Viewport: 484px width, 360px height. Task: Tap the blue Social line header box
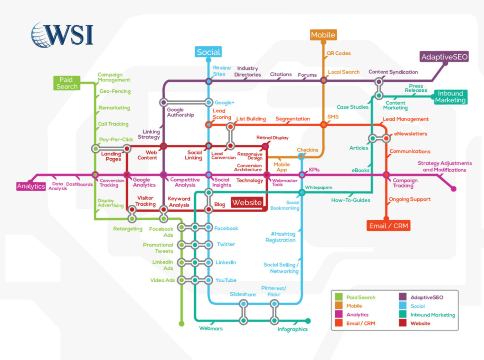(208, 52)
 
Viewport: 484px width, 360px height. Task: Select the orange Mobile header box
(323, 35)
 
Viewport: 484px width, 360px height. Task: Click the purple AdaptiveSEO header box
(444, 57)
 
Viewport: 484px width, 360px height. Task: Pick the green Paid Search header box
(67, 83)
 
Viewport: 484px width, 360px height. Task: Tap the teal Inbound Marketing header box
(450, 97)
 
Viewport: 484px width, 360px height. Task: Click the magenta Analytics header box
(31, 186)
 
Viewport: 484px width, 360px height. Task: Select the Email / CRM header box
(389, 226)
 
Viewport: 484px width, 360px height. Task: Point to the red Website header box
(247, 203)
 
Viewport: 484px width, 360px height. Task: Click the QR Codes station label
(338, 53)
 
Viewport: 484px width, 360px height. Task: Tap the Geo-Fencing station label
(115, 91)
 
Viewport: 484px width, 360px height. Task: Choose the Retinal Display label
(272, 138)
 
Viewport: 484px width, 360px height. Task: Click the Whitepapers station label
(319, 188)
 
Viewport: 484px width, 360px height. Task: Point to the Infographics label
(292, 329)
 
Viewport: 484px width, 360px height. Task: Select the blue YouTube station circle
(209, 280)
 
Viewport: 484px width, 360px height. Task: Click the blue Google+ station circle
(209, 102)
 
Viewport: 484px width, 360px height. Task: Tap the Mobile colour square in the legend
(339, 306)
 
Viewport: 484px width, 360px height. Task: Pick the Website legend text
(420, 324)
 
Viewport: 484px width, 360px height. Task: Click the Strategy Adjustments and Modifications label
(445, 167)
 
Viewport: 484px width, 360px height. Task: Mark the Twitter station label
(226, 244)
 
